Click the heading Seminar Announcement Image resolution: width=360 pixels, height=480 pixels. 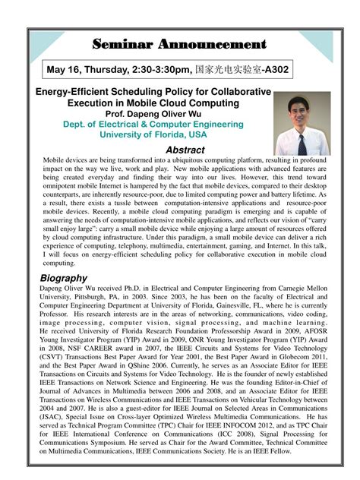pos(179,44)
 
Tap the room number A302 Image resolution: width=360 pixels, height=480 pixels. pos(273,70)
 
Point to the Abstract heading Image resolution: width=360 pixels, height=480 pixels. pos(185,150)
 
